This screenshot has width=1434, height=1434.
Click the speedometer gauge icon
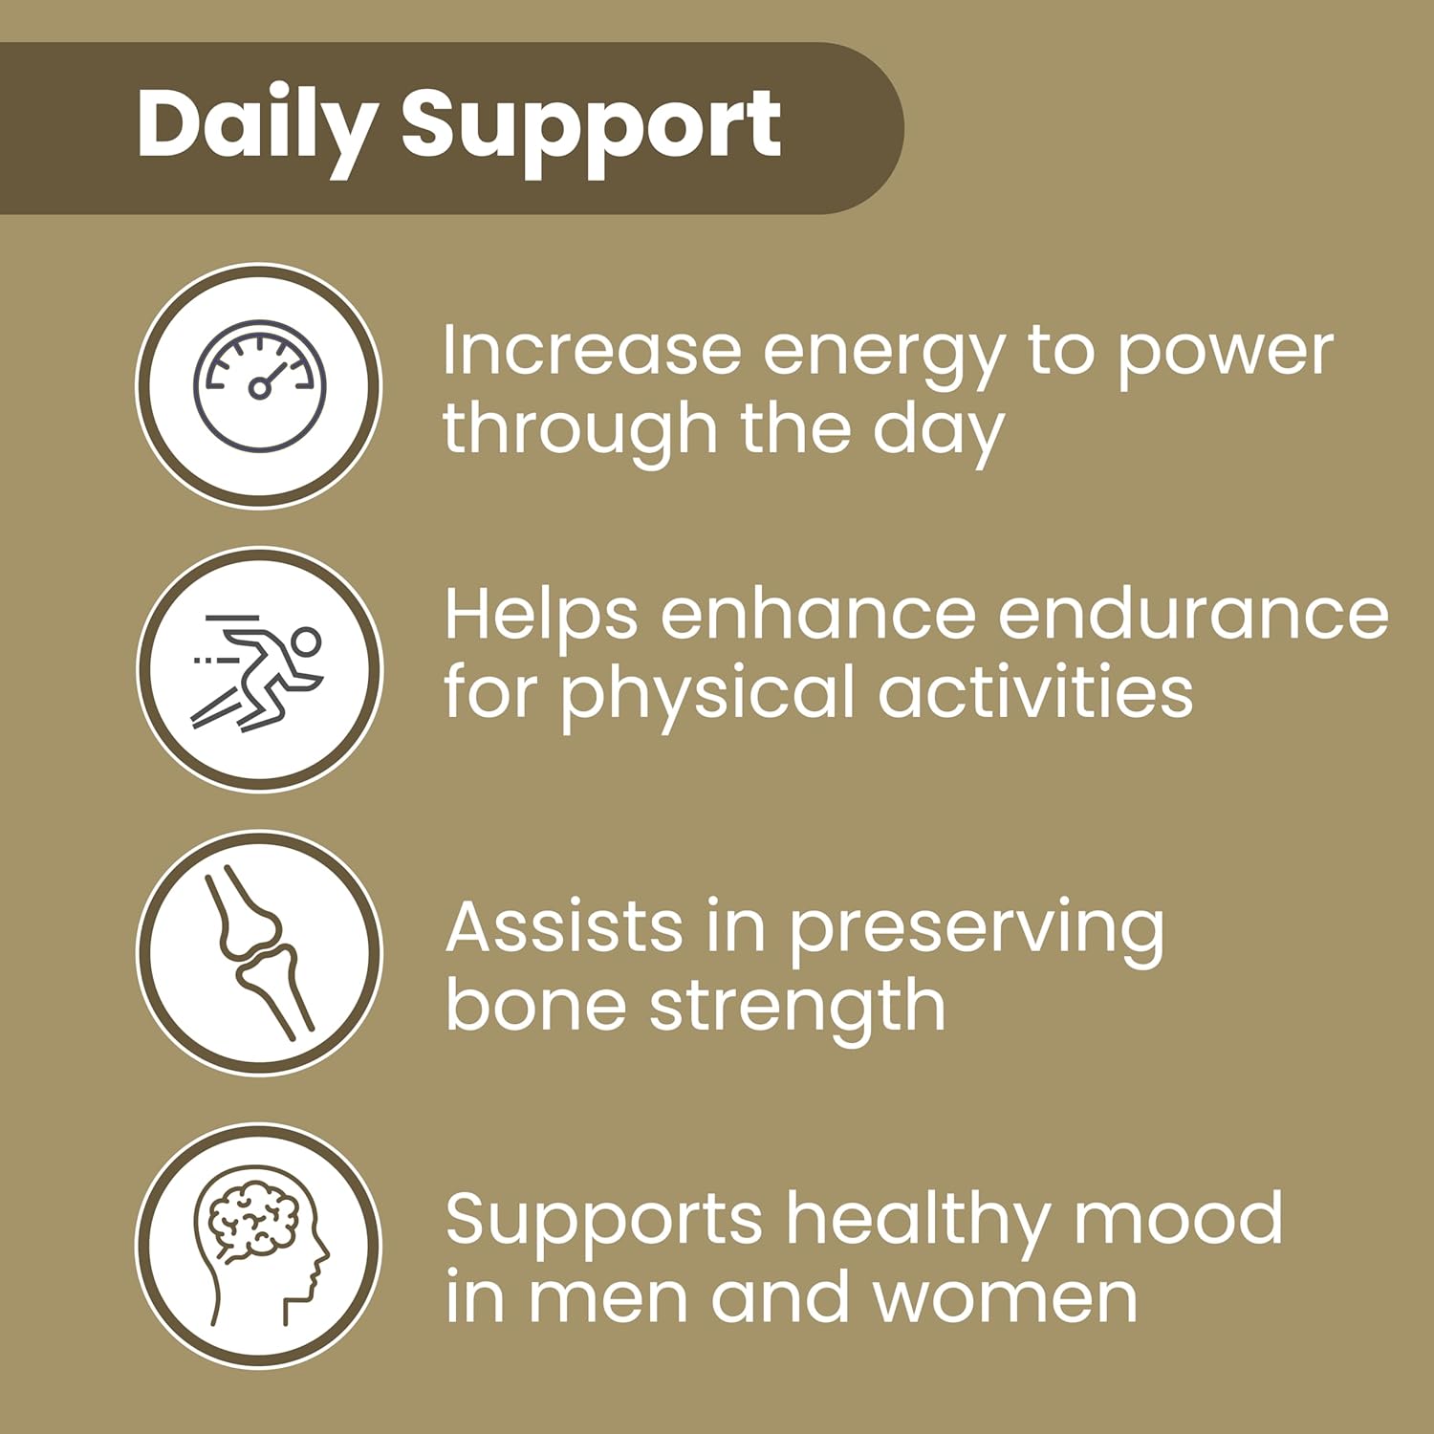(260, 386)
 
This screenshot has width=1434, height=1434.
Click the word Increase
(592, 350)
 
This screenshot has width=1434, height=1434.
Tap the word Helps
(541, 619)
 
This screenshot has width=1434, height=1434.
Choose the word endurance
(1193, 614)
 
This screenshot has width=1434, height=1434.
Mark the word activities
(1035, 691)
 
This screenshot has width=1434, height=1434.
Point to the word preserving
(976, 933)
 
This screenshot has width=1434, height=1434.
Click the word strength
(798, 1010)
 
